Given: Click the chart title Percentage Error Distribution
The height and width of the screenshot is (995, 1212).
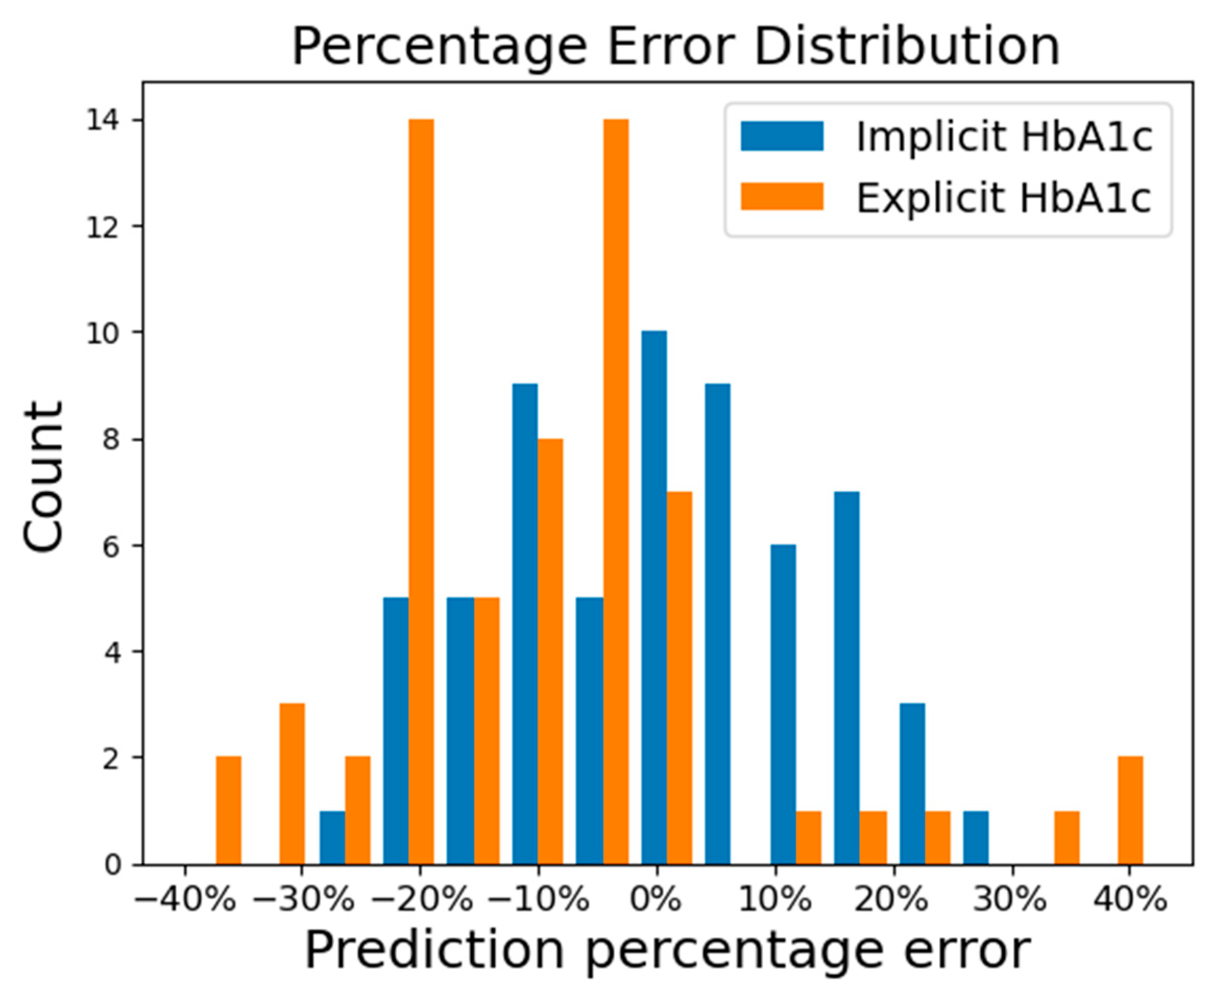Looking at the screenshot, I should click(676, 47).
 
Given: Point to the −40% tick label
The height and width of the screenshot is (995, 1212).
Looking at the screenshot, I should click(185, 901).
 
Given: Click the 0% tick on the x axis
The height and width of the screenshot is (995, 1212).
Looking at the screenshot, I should click(656, 901).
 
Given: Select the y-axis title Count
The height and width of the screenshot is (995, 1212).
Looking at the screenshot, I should click(43, 477).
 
